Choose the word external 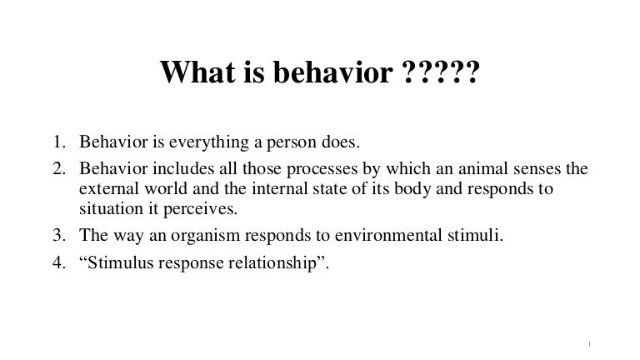coord(106,189)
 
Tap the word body coord(372,189)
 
